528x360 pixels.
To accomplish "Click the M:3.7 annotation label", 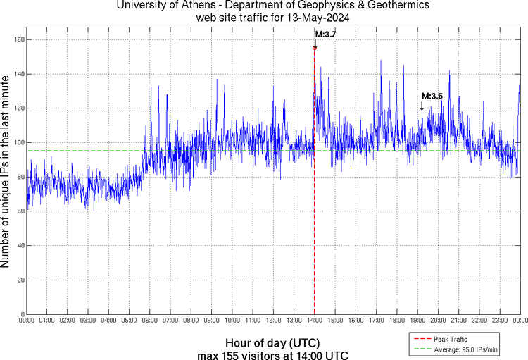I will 325,34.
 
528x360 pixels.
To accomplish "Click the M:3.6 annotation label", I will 432,96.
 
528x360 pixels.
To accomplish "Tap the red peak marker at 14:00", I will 315,47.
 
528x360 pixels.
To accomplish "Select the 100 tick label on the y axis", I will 19,142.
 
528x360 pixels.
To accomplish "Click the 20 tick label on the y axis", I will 20,280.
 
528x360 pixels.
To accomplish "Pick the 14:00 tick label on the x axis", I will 315,321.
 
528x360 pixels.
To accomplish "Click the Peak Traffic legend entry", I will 449,340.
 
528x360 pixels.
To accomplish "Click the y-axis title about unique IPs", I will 6,173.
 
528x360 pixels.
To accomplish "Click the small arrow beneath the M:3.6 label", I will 422,106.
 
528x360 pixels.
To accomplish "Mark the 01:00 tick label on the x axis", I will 47,321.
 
